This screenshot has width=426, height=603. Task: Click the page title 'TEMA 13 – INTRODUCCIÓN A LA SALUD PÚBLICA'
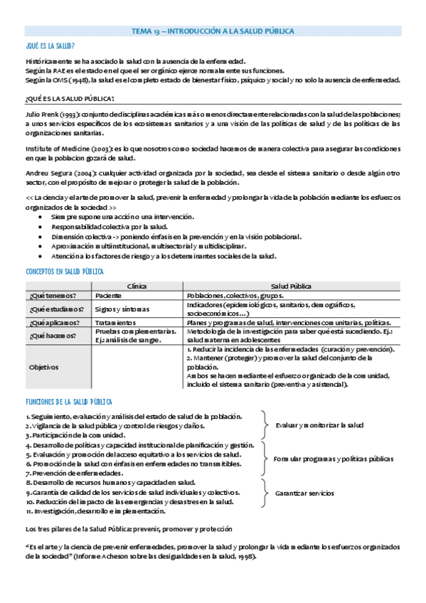[213, 31]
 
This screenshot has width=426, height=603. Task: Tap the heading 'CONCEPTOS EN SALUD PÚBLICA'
[65, 272]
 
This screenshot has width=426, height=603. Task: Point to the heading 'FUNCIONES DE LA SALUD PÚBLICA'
[69, 402]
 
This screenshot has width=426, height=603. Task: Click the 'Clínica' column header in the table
[137, 285]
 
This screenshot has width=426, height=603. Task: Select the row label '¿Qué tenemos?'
[52, 295]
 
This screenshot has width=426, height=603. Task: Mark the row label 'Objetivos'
[43, 367]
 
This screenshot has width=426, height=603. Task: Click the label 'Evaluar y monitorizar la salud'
[319, 425]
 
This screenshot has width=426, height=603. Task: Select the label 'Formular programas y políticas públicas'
[333, 459]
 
